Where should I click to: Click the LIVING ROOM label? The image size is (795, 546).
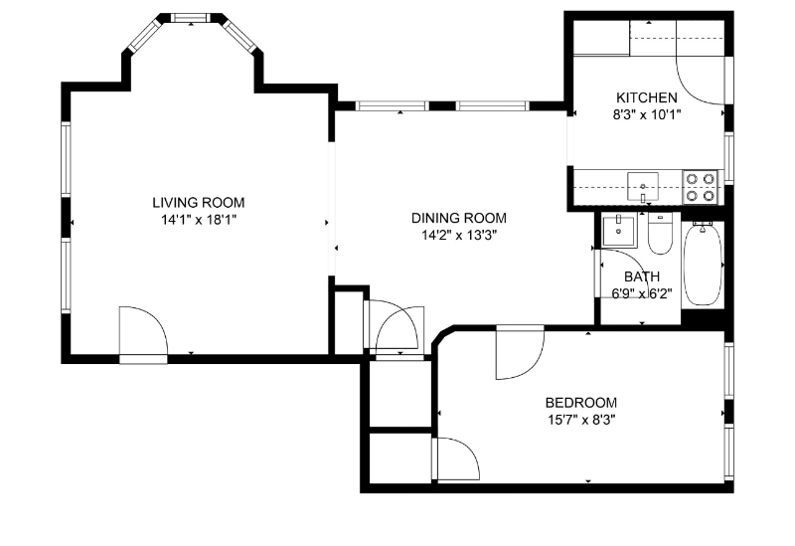click(x=198, y=202)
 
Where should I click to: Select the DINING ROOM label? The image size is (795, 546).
click(x=459, y=218)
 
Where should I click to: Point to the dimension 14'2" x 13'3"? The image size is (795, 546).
click(x=459, y=235)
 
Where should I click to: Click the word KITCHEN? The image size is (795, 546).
click(x=647, y=97)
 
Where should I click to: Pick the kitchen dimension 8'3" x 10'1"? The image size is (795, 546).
click(x=647, y=113)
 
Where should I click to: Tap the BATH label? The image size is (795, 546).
click(x=641, y=276)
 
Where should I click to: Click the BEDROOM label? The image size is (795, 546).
click(x=580, y=403)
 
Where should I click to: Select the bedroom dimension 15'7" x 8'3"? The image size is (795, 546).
click(x=580, y=420)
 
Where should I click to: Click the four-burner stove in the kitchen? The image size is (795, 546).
click(x=701, y=187)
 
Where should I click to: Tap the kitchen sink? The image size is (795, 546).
click(x=643, y=183)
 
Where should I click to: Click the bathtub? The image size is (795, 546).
click(x=704, y=264)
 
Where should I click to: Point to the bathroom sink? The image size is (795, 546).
click(x=620, y=231)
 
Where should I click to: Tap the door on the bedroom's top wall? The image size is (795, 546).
click(x=520, y=352)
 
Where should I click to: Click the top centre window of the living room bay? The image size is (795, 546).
click(x=190, y=18)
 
